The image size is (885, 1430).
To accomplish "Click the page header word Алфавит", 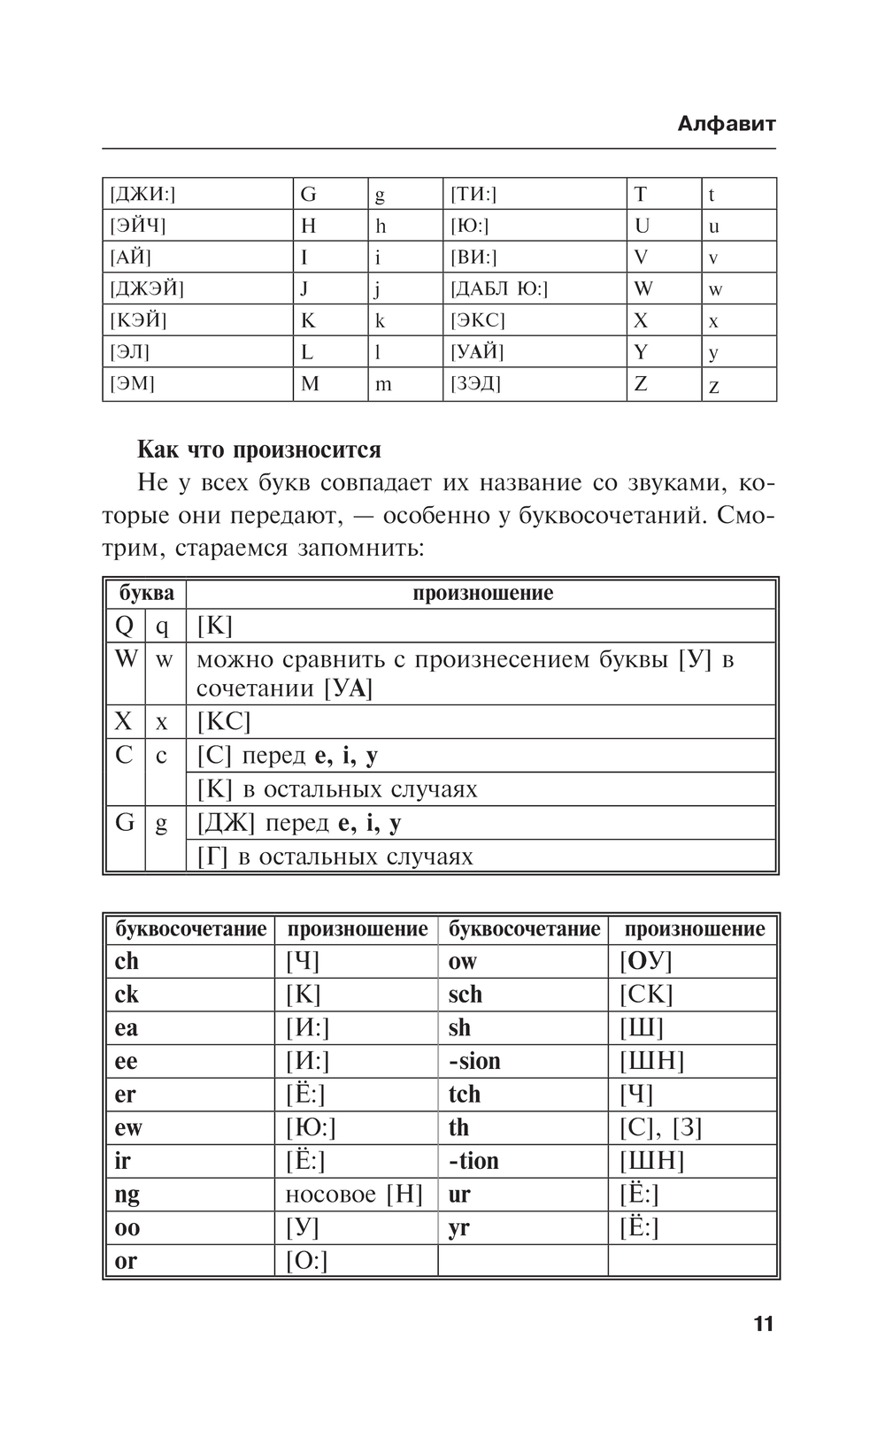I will [x=726, y=124].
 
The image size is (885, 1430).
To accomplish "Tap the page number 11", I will [x=763, y=1324].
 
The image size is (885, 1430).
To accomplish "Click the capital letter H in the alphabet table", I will [x=308, y=226].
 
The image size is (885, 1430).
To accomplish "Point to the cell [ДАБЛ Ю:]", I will [x=499, y=289].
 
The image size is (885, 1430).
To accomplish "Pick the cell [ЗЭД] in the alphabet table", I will [x=475, y=384].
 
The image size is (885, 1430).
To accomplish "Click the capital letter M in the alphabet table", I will [x=310, y=384].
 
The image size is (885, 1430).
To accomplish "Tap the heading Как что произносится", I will [x=258, y=450].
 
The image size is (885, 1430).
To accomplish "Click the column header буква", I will [x=146, y=593].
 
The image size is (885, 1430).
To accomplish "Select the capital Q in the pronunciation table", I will [x=124, y=626].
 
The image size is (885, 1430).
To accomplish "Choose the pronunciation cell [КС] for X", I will [x=224, y=722].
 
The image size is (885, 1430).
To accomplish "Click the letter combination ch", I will [x=127, y=962].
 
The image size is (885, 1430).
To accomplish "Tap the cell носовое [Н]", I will [x=354, y=1195].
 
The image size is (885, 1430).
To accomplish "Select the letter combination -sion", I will [x=474, y=1061].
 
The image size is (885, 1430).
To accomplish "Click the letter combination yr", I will [x=458, y=1228].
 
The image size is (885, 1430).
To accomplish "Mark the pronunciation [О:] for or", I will [x=306, y=1261].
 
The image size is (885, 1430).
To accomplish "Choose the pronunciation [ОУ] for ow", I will [x=645, y=962].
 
